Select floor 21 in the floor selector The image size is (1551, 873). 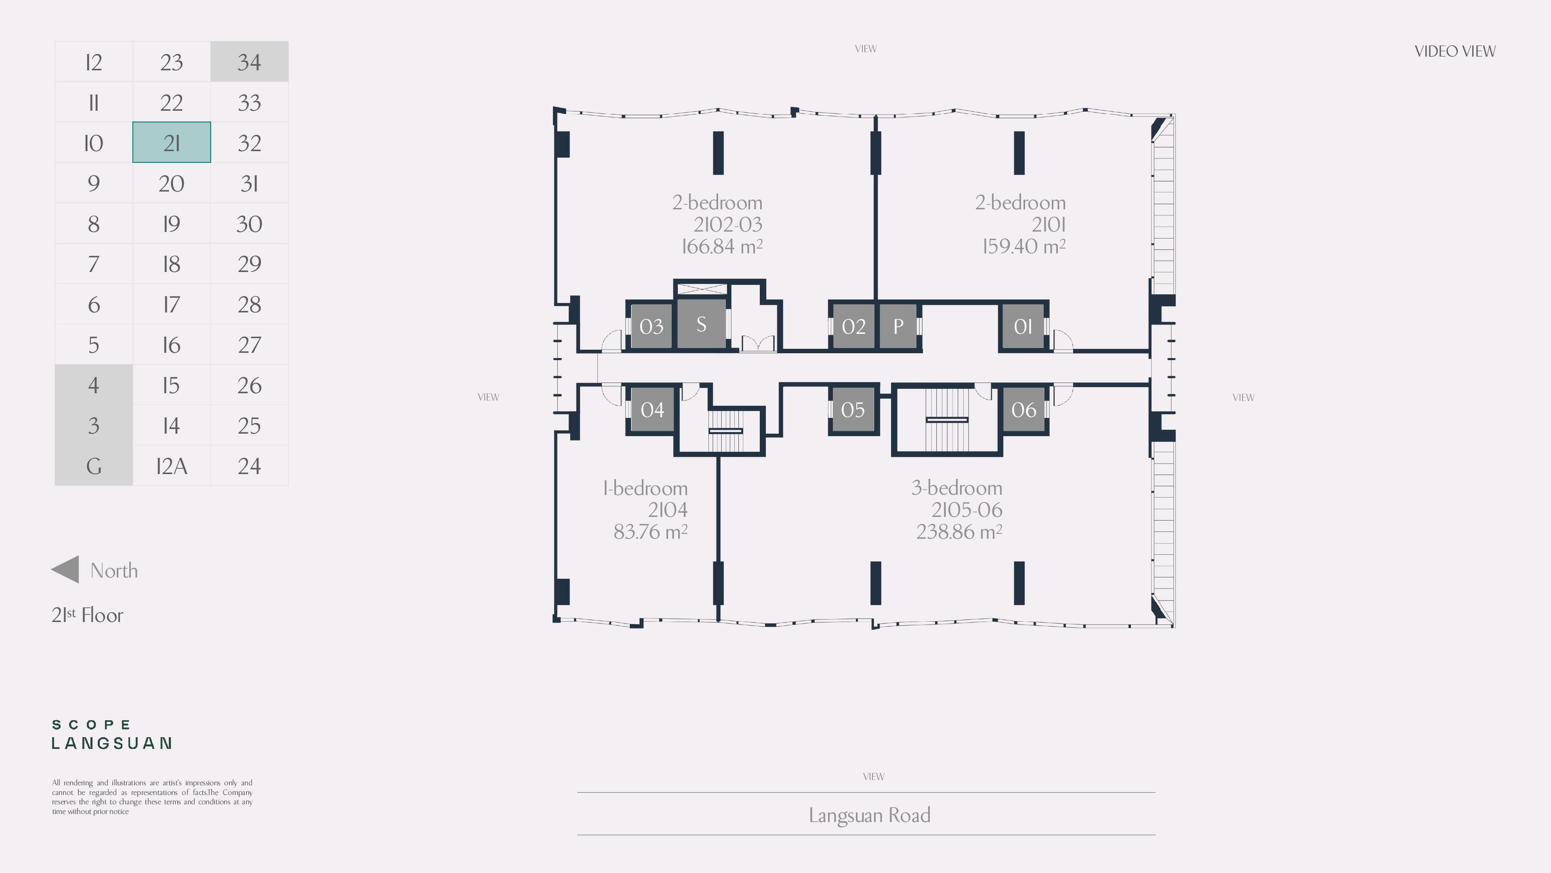click(x=172, y=142)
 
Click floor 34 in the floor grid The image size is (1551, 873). click(x=249, y=61)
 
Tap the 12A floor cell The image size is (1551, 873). click(x=172, y=466)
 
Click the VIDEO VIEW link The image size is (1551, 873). click(x=1454, y=51)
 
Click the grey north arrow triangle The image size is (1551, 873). click(x=65, y=569)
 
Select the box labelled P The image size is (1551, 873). click(x=898, y=326)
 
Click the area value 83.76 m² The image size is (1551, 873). click(x=650, y=532)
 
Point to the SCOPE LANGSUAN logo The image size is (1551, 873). click(x=112, y=734)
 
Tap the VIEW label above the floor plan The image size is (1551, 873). click(x=866, y=49)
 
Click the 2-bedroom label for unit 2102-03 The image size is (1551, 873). click(x=717, y=202)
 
